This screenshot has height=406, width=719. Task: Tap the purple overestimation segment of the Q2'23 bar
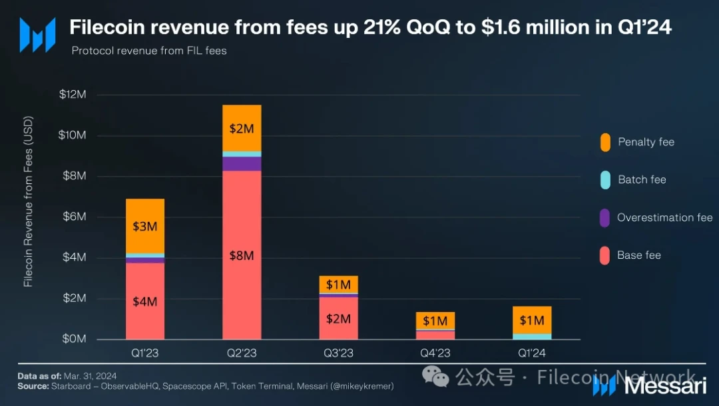click(x=242, y=163)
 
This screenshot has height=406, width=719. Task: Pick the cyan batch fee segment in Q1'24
click(x=532, y=336)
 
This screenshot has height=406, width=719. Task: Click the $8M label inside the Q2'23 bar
click(x=242, y=255)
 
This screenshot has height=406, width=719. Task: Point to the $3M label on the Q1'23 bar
click(x=145, y=227)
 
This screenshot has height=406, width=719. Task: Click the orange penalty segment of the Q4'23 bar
click(x=435, y=320)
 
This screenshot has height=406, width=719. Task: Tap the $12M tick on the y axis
click(x=73, y=95)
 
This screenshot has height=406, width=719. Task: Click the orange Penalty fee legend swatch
click(x=604, y=142)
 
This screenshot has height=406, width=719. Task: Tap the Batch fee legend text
click(x=642, y=179)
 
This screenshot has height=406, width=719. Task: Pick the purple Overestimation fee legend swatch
click(x=604, y=217)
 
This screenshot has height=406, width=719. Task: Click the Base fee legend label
click(x=638, y=255)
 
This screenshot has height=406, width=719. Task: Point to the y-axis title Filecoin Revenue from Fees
click(x=28, y=203)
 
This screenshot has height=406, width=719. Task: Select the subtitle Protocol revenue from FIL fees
click(x=149, y=51)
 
